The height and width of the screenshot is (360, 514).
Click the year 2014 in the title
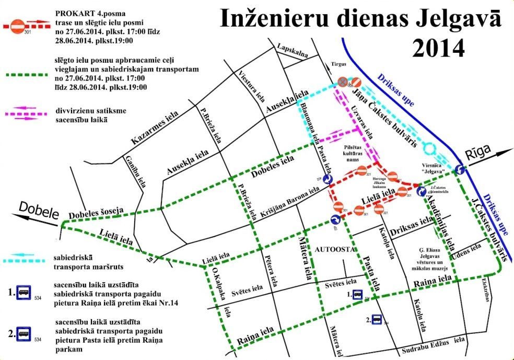click(x=438, y=49)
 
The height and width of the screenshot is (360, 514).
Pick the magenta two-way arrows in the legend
click(x=24, y=114)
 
